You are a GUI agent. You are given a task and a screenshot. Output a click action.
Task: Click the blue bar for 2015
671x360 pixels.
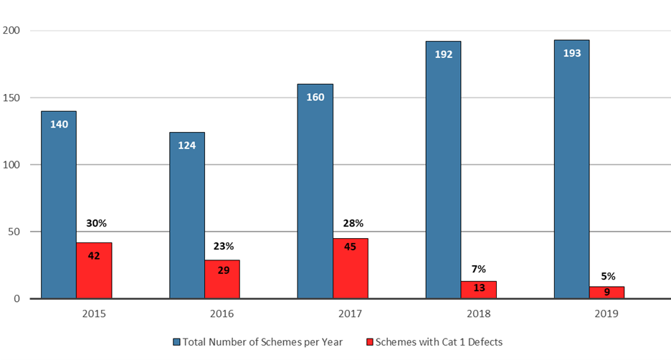click(59, 208)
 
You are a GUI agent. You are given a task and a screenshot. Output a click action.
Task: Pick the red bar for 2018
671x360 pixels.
click(479, 290)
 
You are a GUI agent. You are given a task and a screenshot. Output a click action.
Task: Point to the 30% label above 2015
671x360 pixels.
click(94, 223)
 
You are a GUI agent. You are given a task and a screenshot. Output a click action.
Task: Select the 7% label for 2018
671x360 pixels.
click(479, 269)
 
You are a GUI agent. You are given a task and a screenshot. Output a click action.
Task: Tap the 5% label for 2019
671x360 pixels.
click(607, 275)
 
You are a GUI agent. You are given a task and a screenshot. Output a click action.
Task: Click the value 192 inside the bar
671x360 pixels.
click(444, 55)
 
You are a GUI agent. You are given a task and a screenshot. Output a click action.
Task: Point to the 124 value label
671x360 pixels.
click(187, 145)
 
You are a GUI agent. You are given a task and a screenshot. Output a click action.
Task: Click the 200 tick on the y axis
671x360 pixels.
click(13, 31)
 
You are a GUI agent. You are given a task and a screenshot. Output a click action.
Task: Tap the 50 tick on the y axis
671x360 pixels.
click(16, 232)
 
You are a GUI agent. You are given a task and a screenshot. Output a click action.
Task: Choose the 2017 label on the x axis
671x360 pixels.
click(351, 313)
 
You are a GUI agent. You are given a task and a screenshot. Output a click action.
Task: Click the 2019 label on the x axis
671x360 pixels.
click(607, 313)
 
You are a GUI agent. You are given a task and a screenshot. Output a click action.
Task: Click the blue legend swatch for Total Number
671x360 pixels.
click(176, 342)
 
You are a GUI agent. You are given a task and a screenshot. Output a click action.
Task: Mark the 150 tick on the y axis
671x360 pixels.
click(13, 98)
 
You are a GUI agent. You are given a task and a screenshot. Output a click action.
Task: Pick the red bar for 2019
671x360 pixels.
click(607, 293)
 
